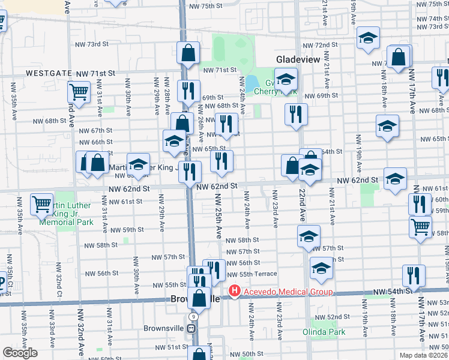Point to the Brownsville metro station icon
(x=191, y=328)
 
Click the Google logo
(x=20, y=353)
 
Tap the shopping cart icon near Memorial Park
(x=42, y=204)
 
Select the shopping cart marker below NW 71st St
(x=79, y=92)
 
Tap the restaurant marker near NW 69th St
(x=190, y=90)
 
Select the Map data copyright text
(x=424, y=355)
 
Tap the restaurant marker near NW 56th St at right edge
(x=414, y=275)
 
